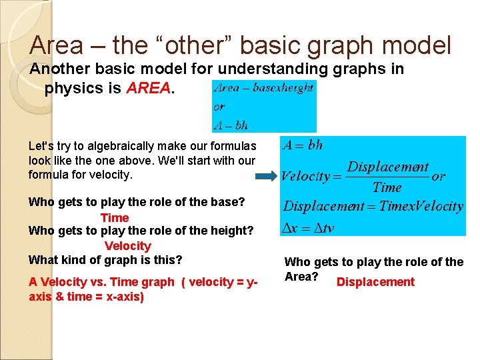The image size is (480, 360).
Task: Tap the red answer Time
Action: [115, 218]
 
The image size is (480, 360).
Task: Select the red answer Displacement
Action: [375, 282]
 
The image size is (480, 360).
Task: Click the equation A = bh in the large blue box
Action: [303, 145]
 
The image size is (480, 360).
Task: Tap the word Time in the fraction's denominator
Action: [387, 187]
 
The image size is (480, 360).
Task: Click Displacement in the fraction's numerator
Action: [388, 167]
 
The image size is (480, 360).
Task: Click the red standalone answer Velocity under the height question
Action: [128, 246]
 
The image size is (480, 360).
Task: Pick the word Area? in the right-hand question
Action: [301, 277]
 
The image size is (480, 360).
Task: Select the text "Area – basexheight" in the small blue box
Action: [263, 87]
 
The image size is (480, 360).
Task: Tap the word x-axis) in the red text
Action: [123, 297]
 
